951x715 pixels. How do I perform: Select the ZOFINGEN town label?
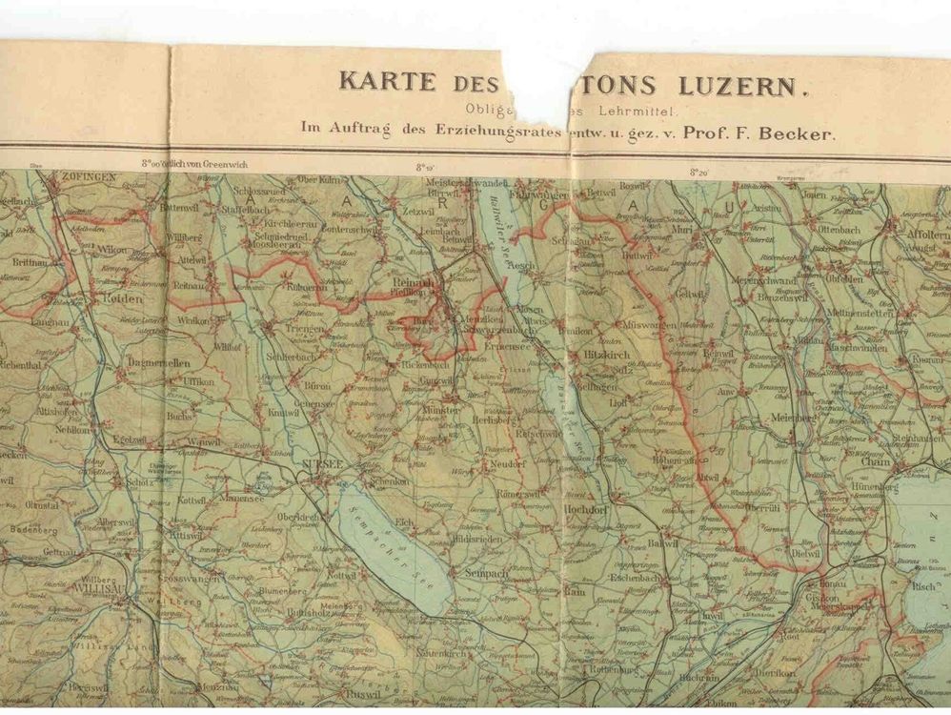pos(89,177)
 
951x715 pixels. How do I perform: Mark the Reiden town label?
pos(118,297)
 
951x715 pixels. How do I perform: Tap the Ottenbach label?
pos(839,230)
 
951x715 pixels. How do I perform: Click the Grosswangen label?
pos(197,578)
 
